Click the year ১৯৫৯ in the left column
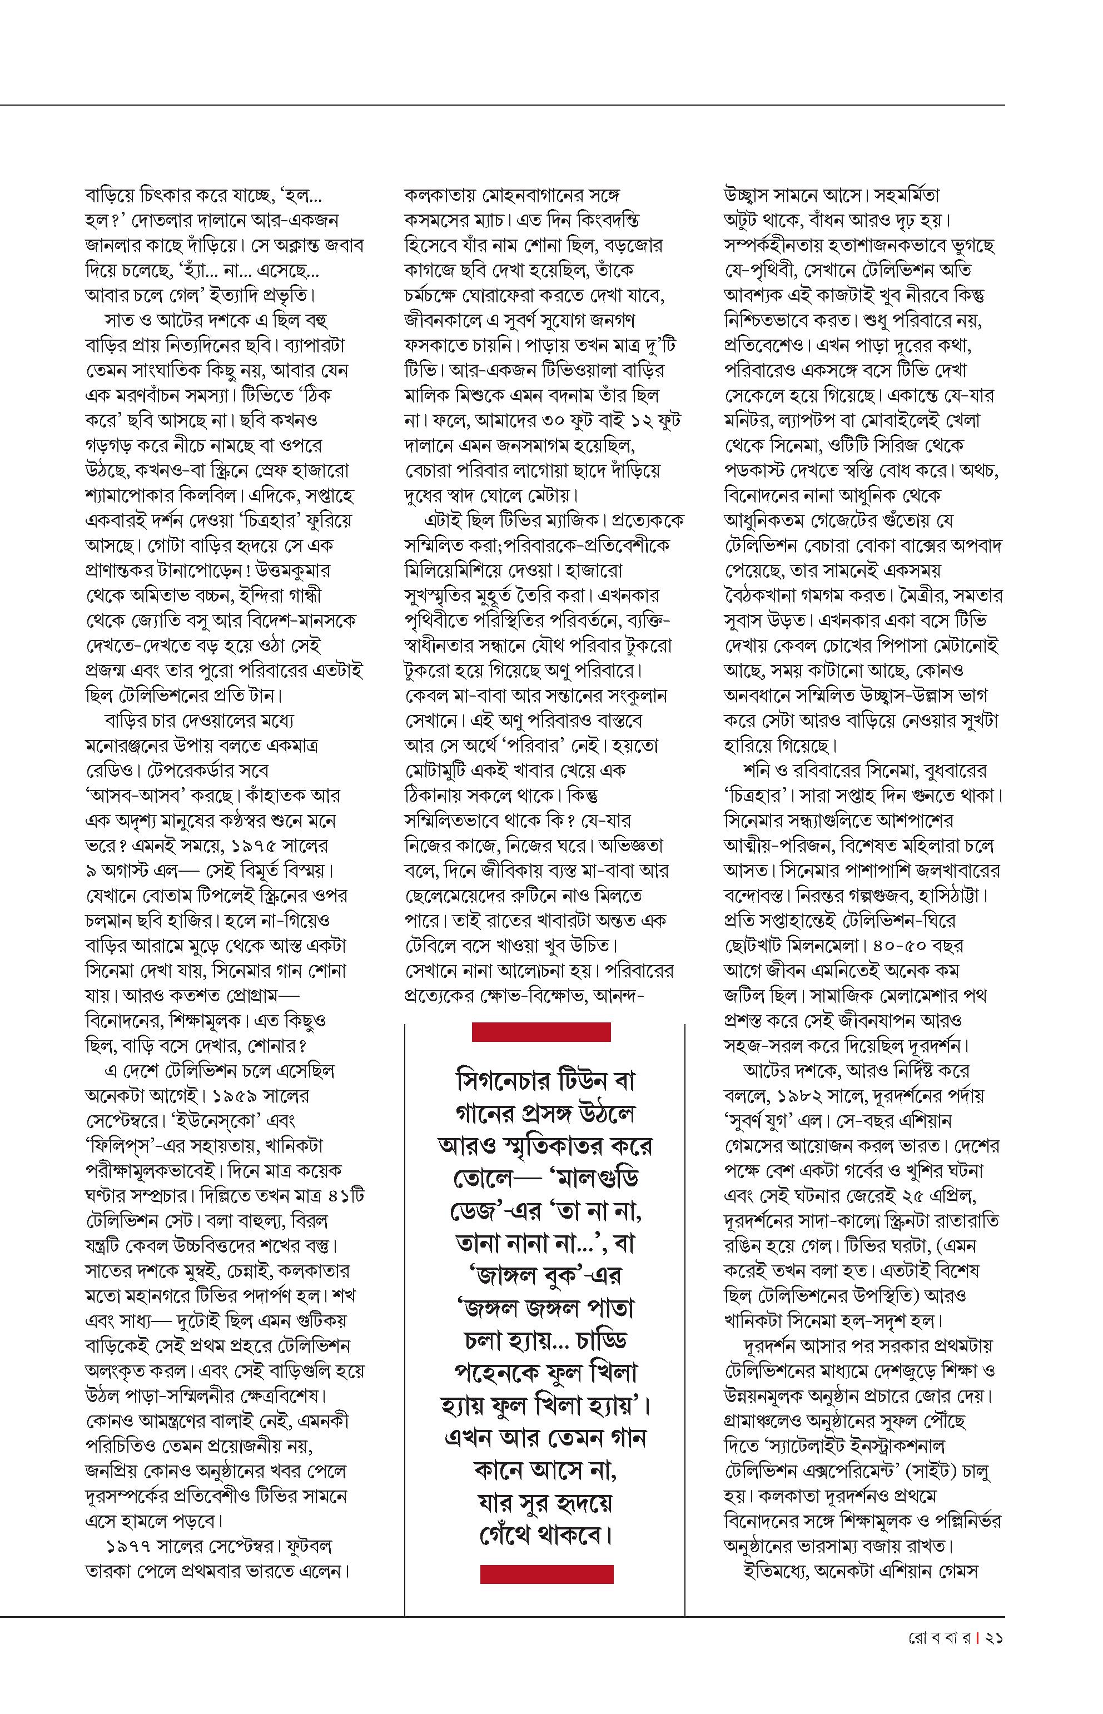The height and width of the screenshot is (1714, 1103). (x=244, y=1095)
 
